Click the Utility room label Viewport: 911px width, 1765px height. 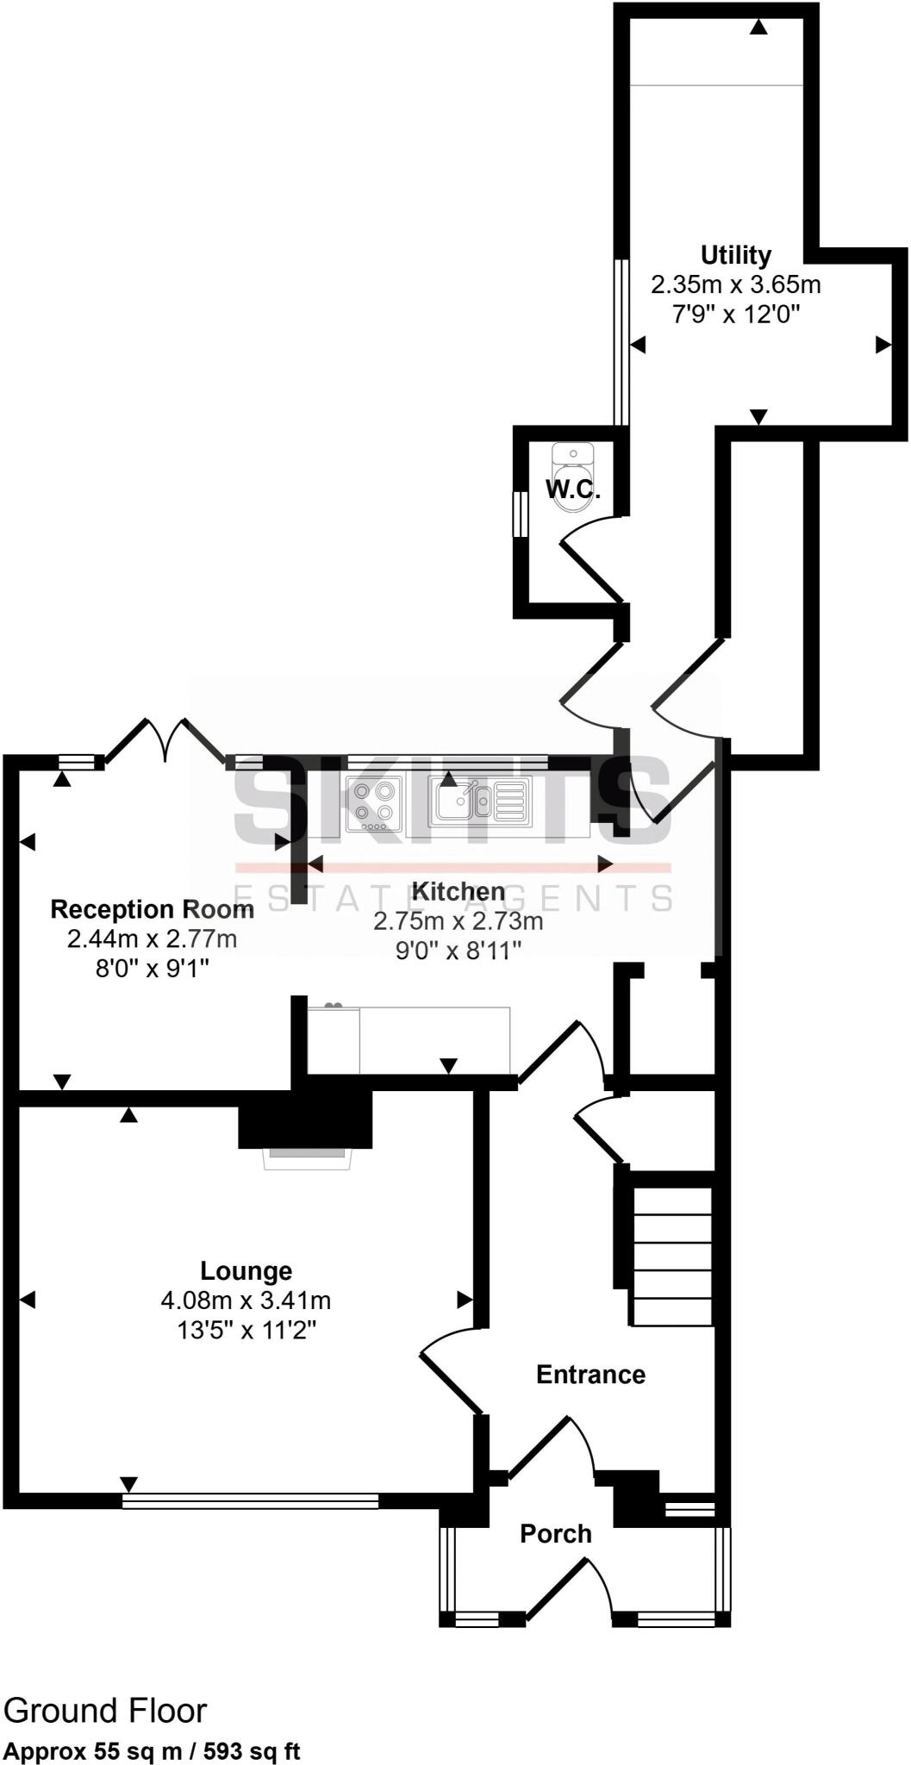(735, 255)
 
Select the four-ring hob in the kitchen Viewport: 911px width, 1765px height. (374, 803)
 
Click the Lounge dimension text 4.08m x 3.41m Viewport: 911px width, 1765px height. (246, 1300)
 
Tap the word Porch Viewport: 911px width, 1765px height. (556, 1533)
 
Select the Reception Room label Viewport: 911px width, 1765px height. (152, 909)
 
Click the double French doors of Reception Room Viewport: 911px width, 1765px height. (167, 739)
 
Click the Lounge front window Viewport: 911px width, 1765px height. (250, 1501)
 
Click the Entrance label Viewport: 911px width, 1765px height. (590, 1374)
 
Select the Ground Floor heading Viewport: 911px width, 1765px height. (105, 1711)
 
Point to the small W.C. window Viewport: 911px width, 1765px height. (520, 515)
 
